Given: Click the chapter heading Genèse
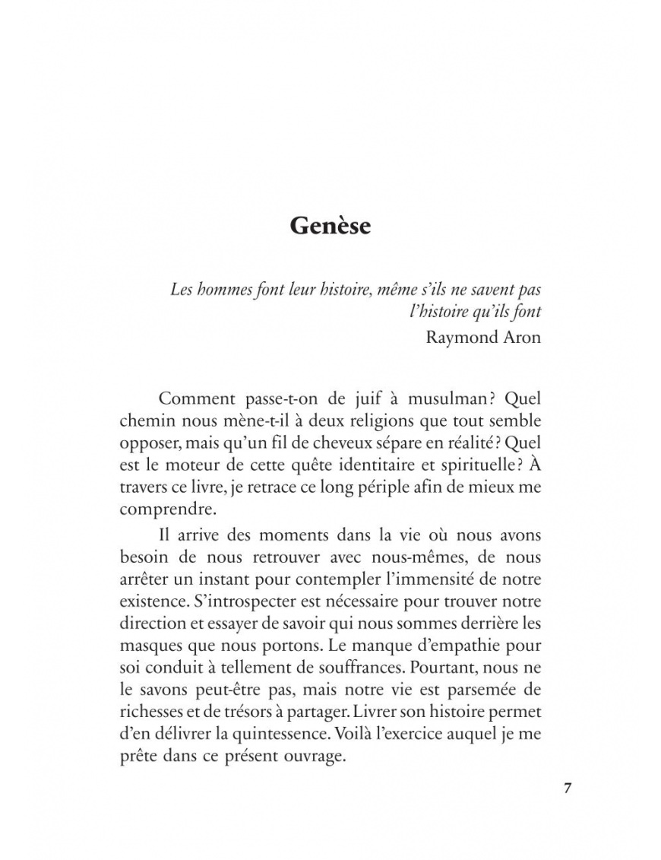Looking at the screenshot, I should coord(330,226).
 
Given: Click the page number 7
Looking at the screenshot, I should coord(567,786).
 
